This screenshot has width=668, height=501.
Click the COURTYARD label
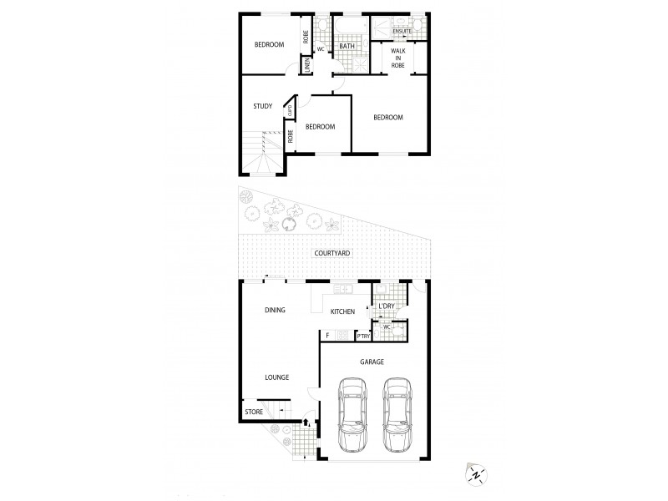coord(331,253)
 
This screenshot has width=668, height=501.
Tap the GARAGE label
coord(372,362)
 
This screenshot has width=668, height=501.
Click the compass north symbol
coord(476,474)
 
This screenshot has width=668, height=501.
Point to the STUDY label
coord(263,106)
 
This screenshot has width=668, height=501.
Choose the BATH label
coord(347,46)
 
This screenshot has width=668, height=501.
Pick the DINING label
coord(275,310)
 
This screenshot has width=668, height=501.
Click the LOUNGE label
coord(276,377)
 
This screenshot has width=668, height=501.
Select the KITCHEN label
coord(342,311)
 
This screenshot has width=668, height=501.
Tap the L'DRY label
coord(386,306)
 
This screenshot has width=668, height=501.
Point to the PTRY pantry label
coord(363,336)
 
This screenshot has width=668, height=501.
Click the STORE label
coord(254,412)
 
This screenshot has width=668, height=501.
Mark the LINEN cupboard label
coord(306,64)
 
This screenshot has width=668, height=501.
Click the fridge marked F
coord(327,336)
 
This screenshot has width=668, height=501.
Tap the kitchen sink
coord(342,289)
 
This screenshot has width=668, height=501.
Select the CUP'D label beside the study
coord(290,109)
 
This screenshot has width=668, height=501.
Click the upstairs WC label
coord(320,48)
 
